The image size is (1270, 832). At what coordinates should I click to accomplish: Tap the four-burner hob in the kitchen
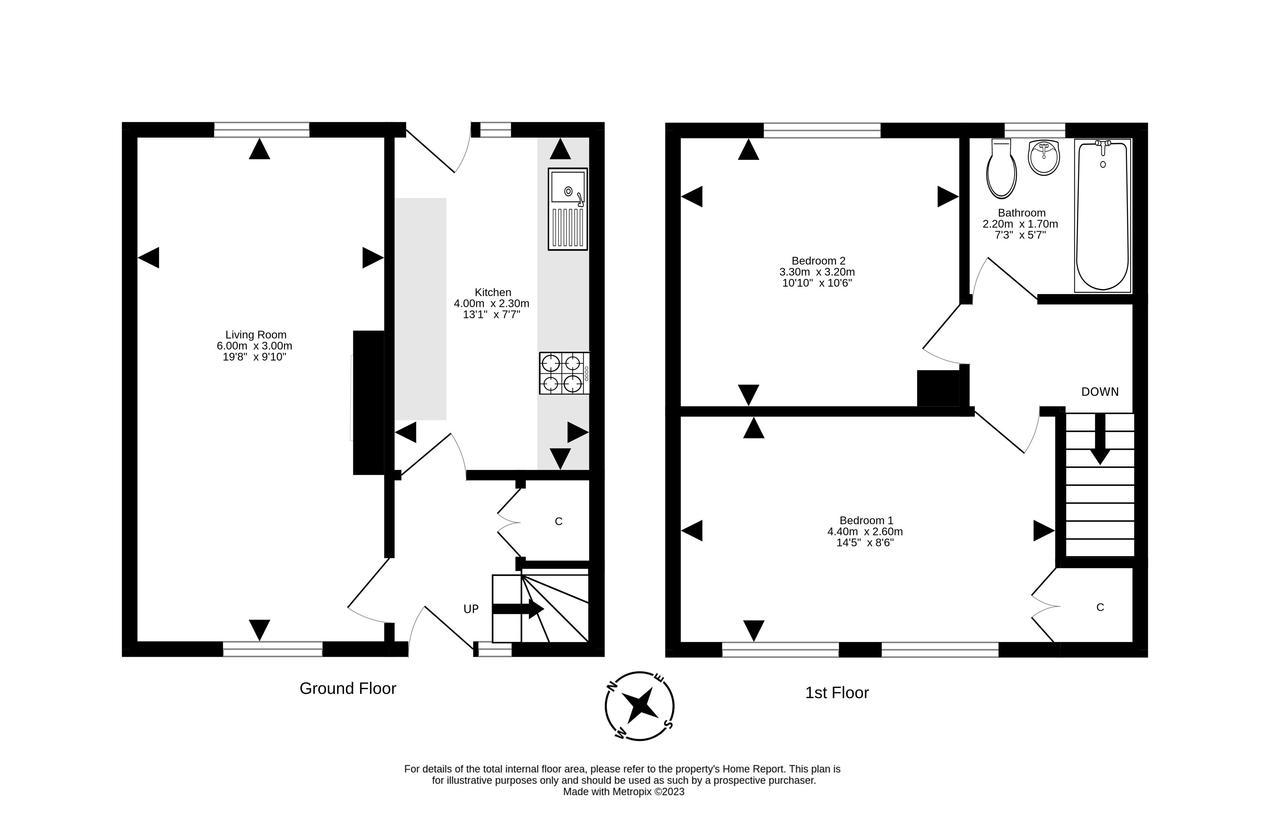[564, 373]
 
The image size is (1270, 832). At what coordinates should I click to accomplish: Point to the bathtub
[1103, 216]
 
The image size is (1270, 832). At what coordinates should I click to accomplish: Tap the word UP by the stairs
[471, 609]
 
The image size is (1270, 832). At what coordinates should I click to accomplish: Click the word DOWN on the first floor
[1100, 392]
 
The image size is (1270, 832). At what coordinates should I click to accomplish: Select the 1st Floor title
[837, 693]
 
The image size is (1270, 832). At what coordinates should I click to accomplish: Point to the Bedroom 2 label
[818, 261]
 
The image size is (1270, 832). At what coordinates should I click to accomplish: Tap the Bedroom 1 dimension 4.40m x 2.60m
[865, 531]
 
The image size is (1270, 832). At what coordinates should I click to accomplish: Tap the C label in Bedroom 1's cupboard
[1100, 607]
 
